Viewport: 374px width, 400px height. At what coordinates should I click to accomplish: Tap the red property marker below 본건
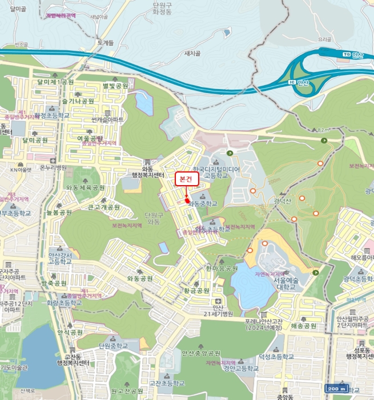pos(187,201)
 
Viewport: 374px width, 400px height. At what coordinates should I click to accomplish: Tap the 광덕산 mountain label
pos(283,201)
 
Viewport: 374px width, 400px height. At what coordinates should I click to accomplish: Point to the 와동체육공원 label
pos(85,187)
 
